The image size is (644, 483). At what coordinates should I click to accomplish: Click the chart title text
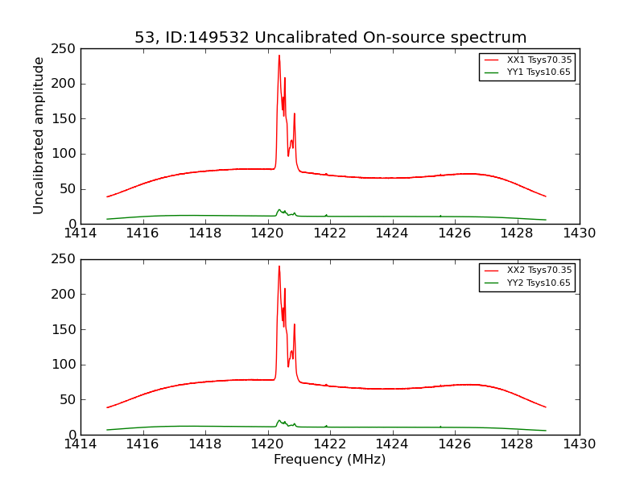pyautogui.click(x=330, y=38)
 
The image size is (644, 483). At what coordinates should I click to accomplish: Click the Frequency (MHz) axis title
pyautogui.click(x=330, y=460)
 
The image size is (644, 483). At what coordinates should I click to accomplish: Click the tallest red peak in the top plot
pyautogui.click(x=279, y=56)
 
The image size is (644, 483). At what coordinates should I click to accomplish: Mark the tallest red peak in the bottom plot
pyautogui.click(x=279, y=266)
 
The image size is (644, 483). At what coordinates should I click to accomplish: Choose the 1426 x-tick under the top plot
pyautogui.click(x=455, y=233)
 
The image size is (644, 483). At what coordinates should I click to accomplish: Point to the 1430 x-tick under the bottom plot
pyautogui.click(x=580, y=444)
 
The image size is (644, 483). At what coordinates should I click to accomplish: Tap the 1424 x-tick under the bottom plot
pyautogui.click(x=392, y=444)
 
